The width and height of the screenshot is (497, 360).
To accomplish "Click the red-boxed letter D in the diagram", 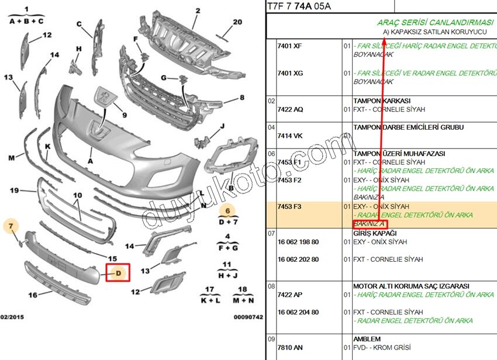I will (x=118, y=273).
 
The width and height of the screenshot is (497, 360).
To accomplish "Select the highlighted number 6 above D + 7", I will (x=227, y=212).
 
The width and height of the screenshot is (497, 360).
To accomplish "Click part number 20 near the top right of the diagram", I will (x=237, y=22).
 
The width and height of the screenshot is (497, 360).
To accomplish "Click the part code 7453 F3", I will (x=289, y=207).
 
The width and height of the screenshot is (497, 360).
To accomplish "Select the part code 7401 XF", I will (x=289, y=46).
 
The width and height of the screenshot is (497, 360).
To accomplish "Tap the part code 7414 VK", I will (x=289, y=136).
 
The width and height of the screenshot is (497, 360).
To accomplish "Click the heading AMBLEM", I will (x=367, y=339).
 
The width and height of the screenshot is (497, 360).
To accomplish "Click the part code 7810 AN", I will (x=290, y=348).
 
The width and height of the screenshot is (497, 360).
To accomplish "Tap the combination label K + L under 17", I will (x=209, y=300).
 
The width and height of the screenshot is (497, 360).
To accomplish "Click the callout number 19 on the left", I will (x=15, y=190).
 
